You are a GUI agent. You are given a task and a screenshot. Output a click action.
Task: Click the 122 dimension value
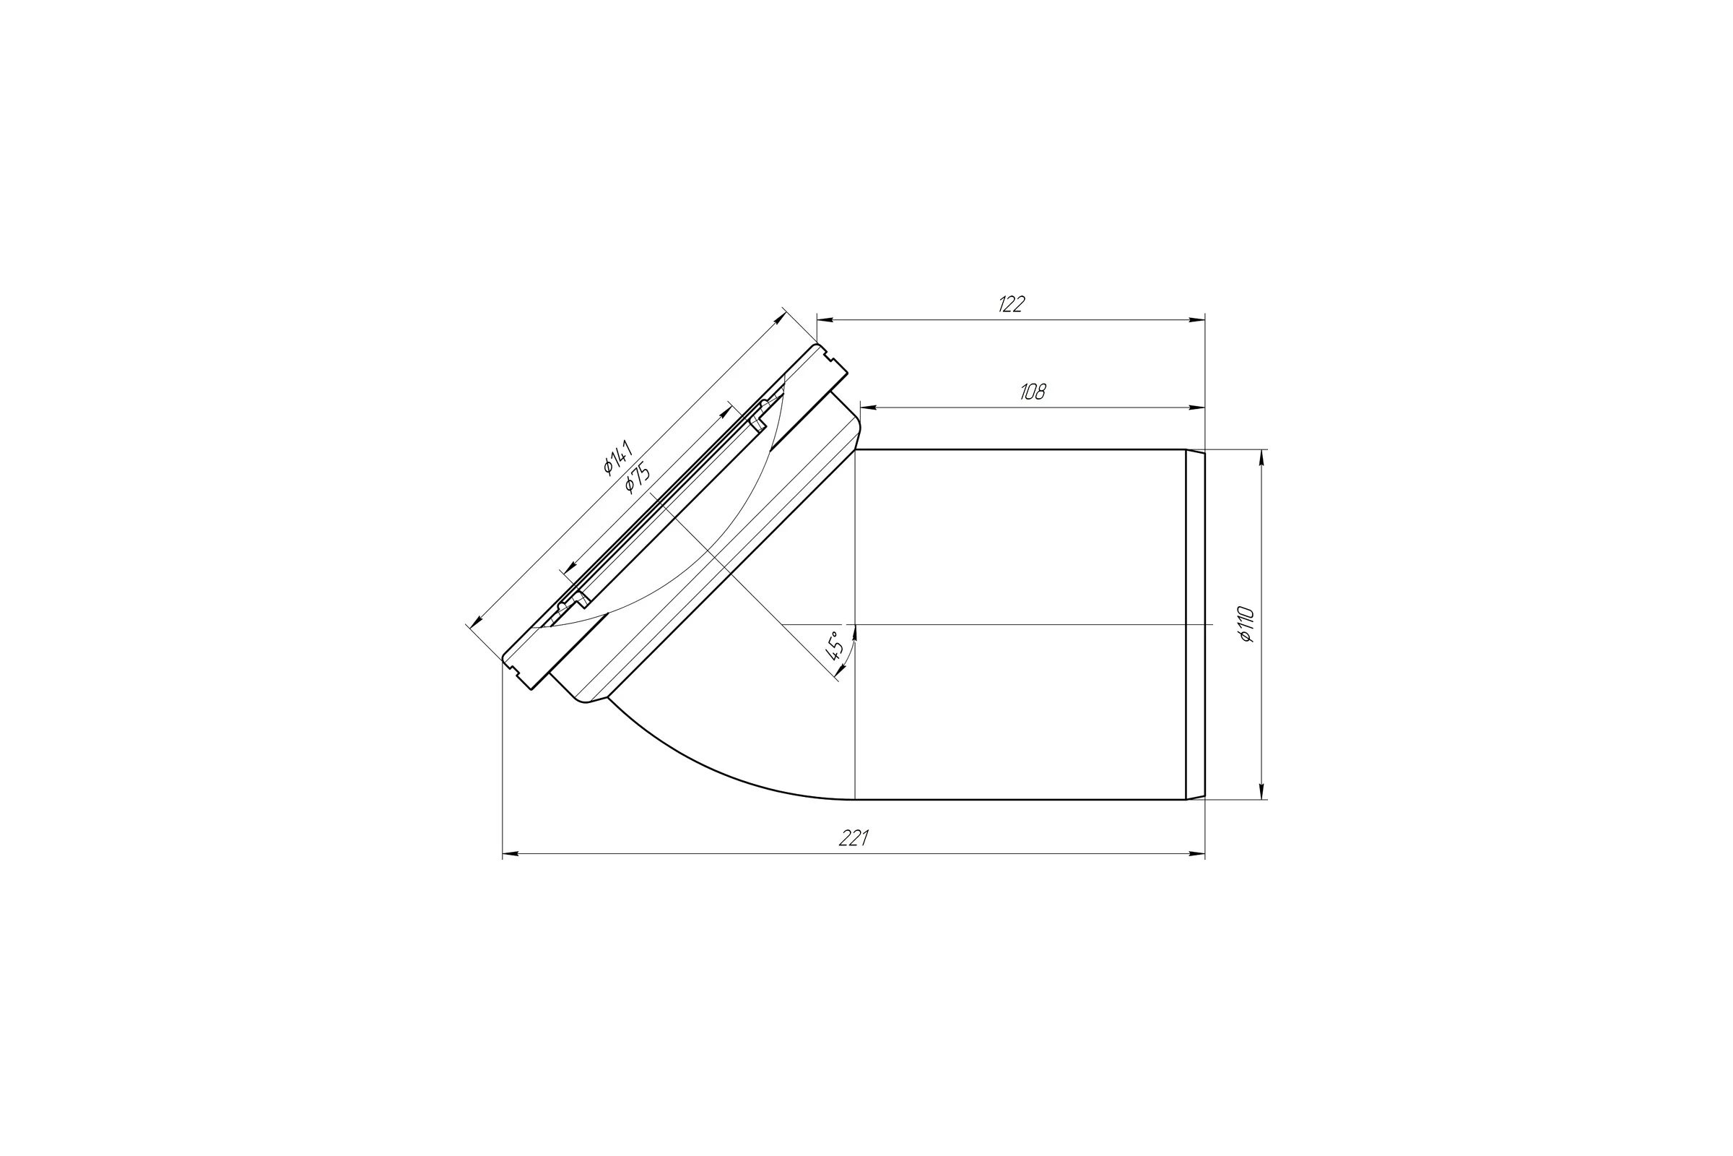coord(1011,303)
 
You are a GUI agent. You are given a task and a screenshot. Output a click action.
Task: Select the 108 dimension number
coord(1033,392)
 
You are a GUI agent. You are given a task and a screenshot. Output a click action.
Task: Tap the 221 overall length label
coord(854,838)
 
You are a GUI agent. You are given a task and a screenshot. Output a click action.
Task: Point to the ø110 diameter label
coord(1247,624)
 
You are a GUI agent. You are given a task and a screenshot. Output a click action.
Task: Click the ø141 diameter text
coord(617,457)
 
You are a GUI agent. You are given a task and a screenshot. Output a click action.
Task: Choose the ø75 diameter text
coord(637,477)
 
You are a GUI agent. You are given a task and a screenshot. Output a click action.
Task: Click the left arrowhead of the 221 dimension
coord(511,854)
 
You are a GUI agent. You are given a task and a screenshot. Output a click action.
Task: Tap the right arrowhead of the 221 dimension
coord(1196,854)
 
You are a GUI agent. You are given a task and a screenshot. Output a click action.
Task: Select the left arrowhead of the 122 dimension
coord(825,320)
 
